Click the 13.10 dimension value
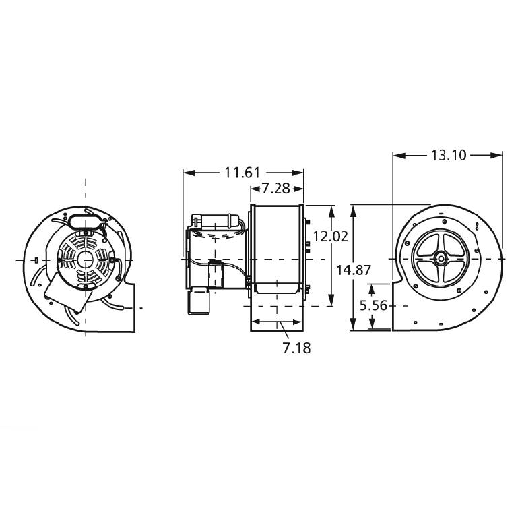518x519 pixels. pos(449,155)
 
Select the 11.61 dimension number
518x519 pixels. pos(242,173)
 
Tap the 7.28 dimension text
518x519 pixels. pos(276,189)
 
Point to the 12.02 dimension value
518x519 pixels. pos(331,237)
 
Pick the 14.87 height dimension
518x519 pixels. pos(354,270)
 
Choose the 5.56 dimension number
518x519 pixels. pos(373,305)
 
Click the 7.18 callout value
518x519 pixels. pos(296,348)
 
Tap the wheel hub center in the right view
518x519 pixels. pos(441,258)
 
